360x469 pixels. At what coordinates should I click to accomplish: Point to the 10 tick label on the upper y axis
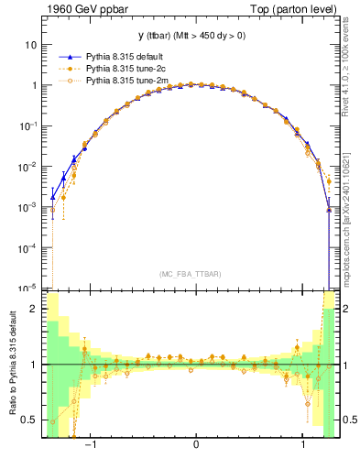(31, 44)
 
